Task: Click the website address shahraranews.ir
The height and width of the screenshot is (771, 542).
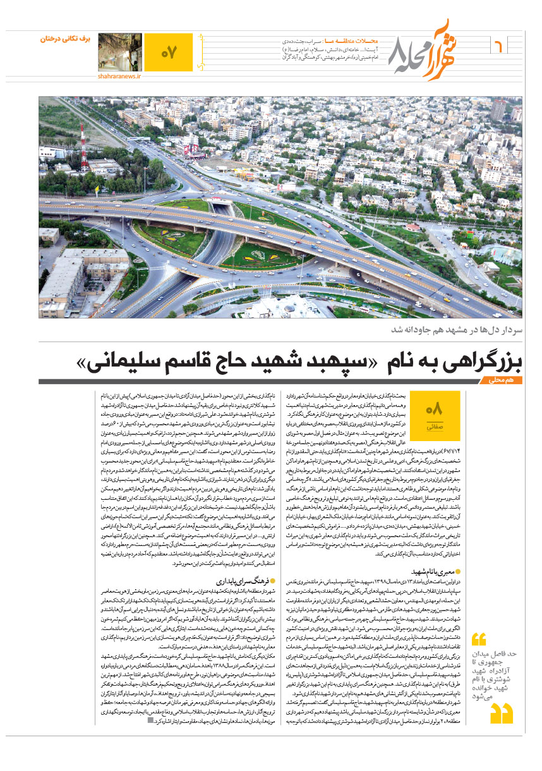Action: [x=119, y=76]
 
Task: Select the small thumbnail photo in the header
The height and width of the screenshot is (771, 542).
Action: [x=120, y=51]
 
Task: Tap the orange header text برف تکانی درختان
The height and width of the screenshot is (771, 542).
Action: [x=66, y=39]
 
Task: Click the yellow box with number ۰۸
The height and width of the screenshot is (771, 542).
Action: [x=435, y=415]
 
